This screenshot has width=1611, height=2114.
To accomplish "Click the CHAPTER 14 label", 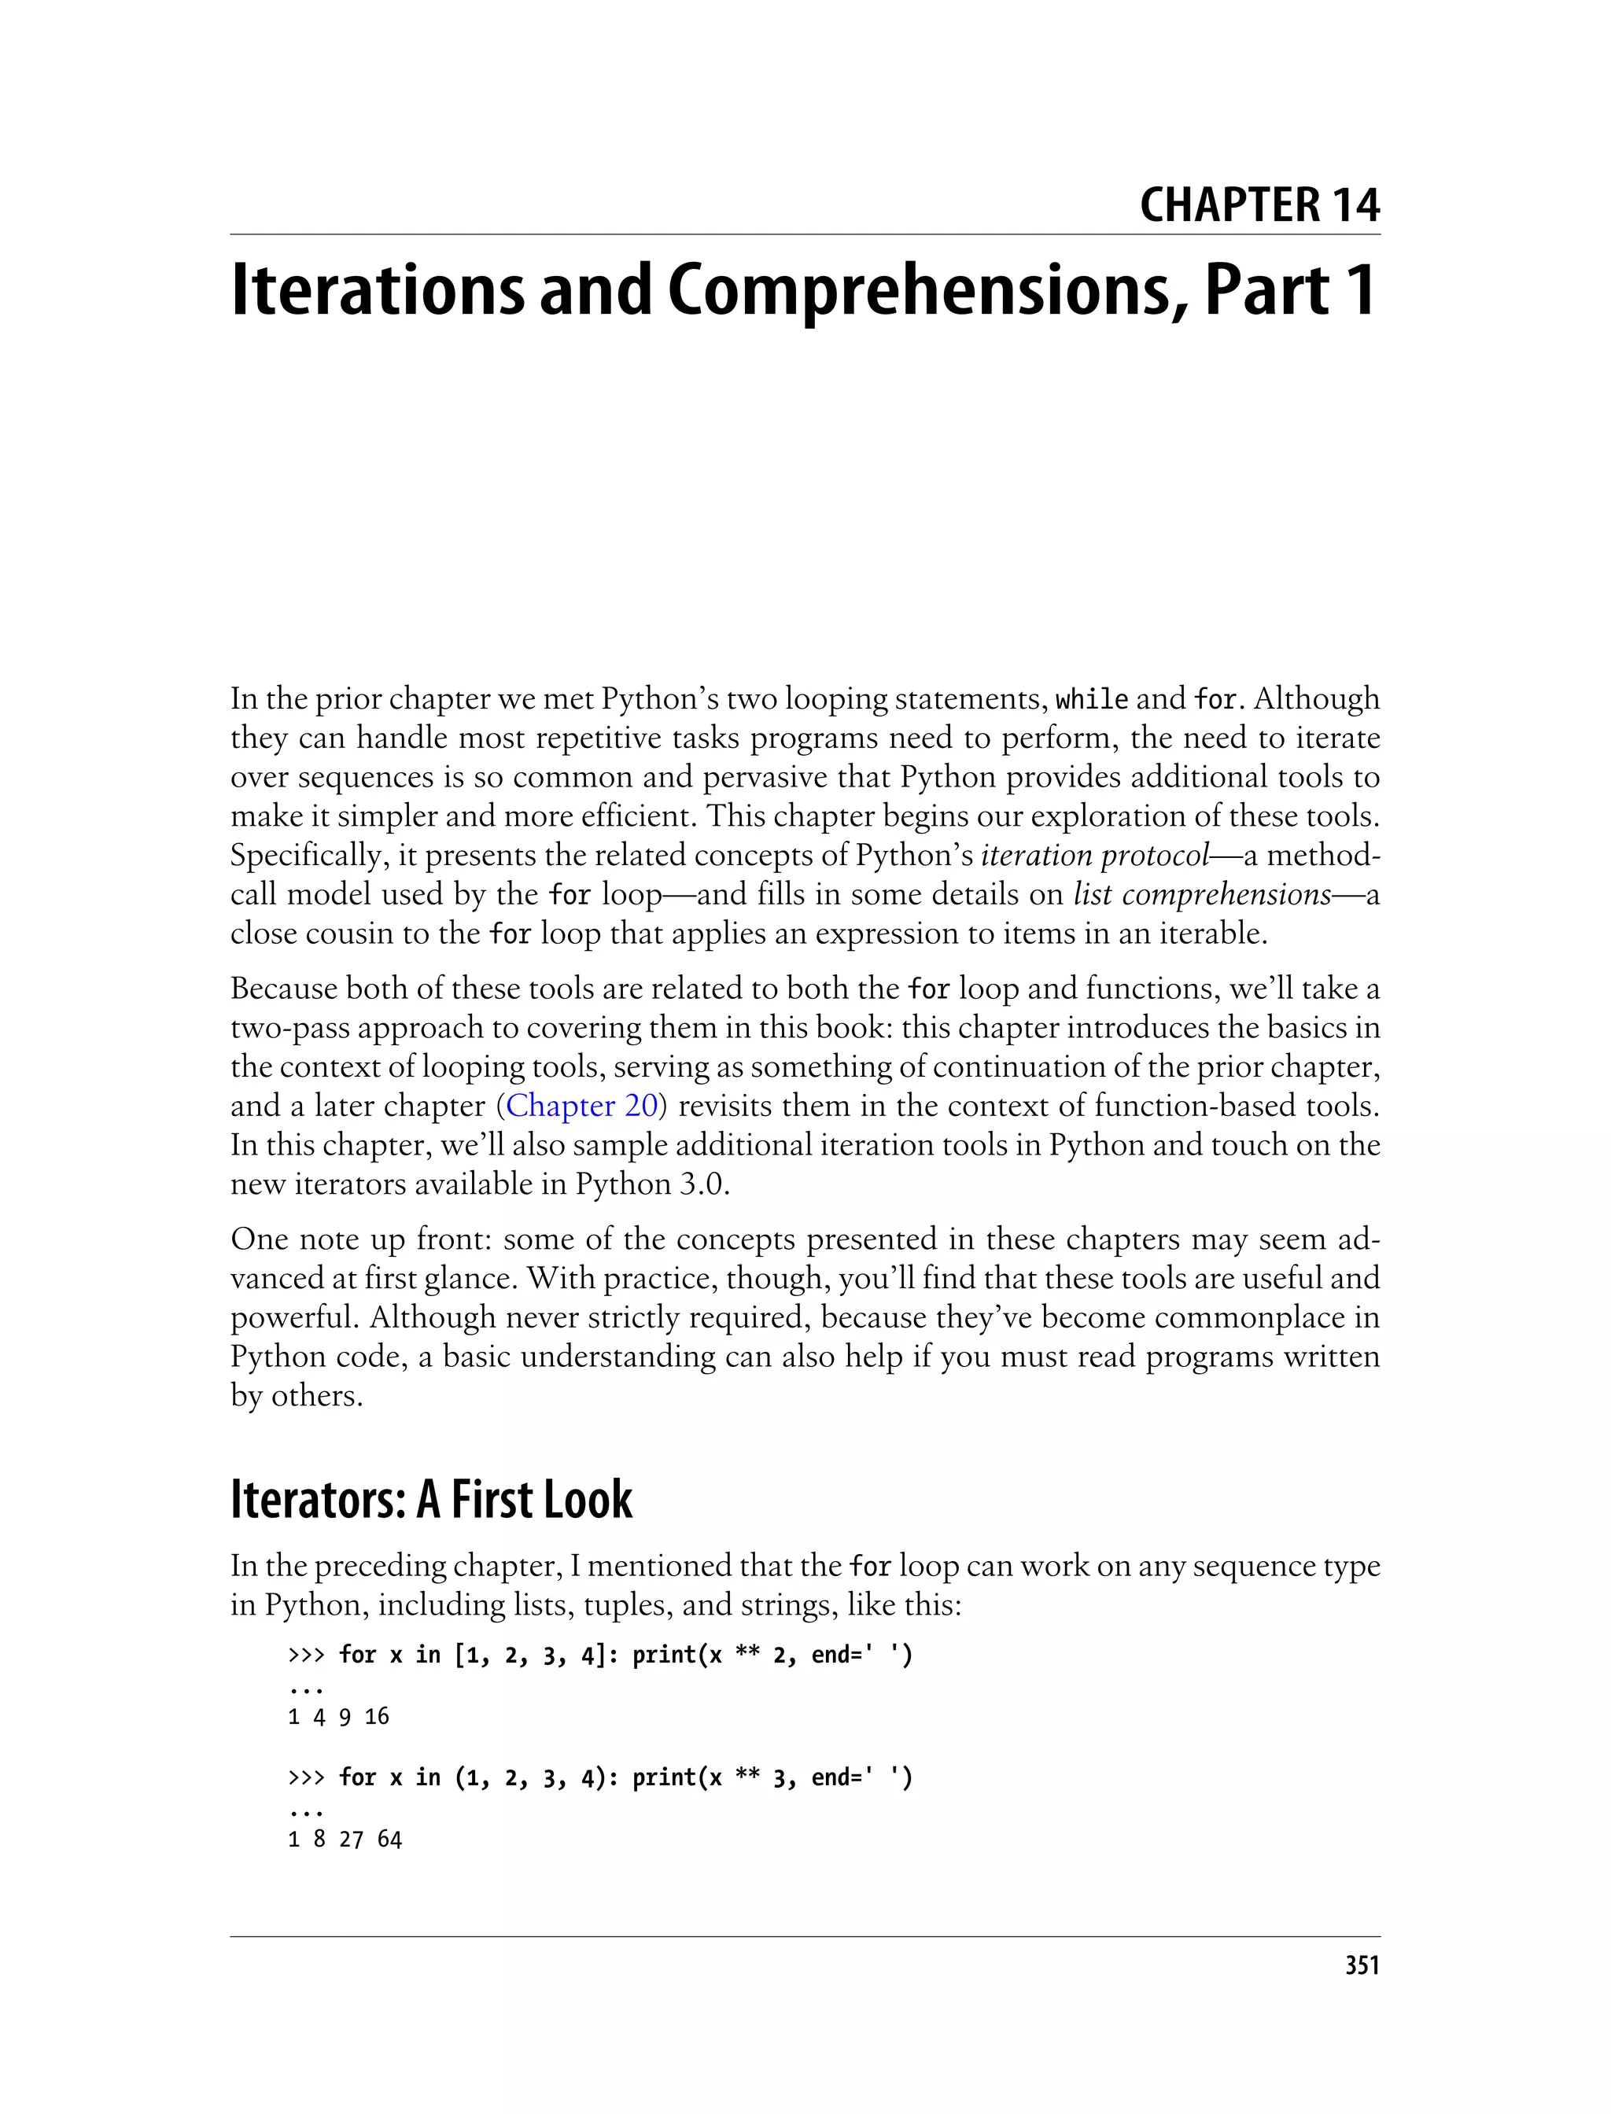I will coord(1259,205).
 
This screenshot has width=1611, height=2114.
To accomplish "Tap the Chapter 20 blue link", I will coord(581,1106).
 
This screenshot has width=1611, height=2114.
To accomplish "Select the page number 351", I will coord(1362,1967).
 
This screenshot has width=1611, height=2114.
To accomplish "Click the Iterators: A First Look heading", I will coord(432,1501).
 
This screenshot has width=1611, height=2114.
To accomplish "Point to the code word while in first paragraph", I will coord(1091,700).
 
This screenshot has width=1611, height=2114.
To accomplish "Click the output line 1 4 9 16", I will coord(338,1716).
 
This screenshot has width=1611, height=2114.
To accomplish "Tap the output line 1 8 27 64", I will coord(345,1839).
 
